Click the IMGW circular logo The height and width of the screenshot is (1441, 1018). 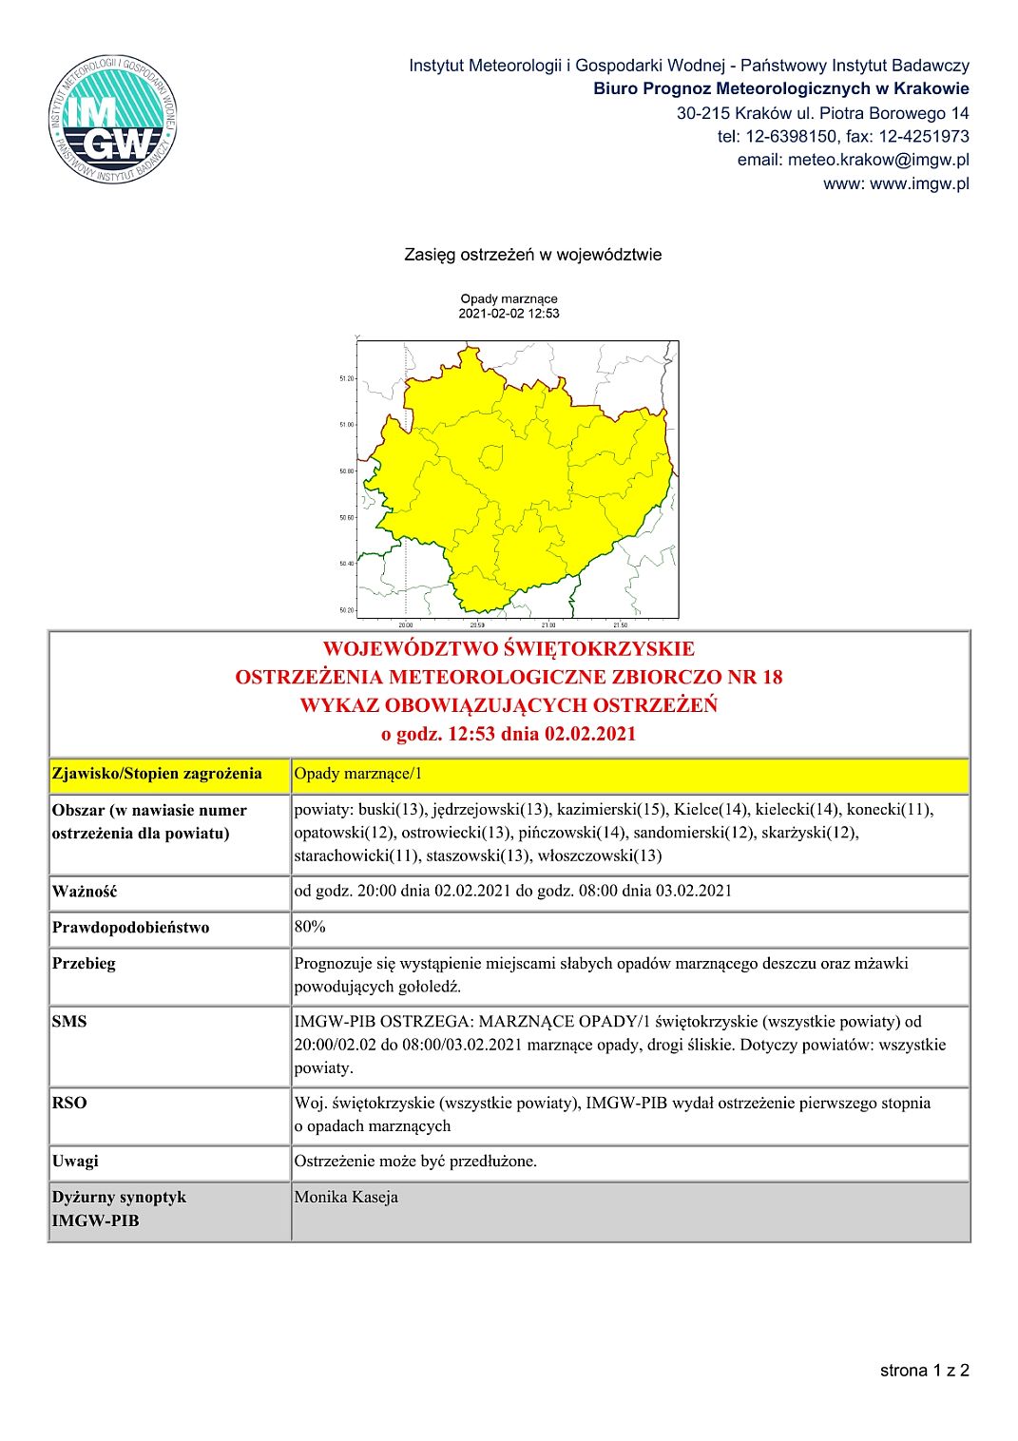113,120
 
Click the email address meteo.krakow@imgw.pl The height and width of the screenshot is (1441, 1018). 853,160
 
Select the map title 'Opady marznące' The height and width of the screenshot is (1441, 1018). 509,298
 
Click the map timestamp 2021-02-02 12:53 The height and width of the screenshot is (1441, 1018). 509,314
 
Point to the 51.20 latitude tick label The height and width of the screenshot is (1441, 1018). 346,378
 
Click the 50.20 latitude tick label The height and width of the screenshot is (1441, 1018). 346,610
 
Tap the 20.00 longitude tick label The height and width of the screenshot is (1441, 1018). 406,624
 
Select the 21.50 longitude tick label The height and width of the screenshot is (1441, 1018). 620,624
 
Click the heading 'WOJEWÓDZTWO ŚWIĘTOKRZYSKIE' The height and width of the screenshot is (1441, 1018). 509,649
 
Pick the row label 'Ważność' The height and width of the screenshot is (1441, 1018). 85,892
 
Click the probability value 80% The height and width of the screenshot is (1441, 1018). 310,927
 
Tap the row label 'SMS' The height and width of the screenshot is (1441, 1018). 69,1022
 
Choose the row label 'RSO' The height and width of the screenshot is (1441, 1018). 69,1103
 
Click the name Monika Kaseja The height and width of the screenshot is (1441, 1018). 346,1197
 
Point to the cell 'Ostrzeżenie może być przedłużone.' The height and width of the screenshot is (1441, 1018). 415,1162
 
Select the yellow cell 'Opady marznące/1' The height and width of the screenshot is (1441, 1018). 358,774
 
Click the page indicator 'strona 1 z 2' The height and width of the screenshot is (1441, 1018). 924,1370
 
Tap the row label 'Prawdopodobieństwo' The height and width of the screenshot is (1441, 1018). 130,928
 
